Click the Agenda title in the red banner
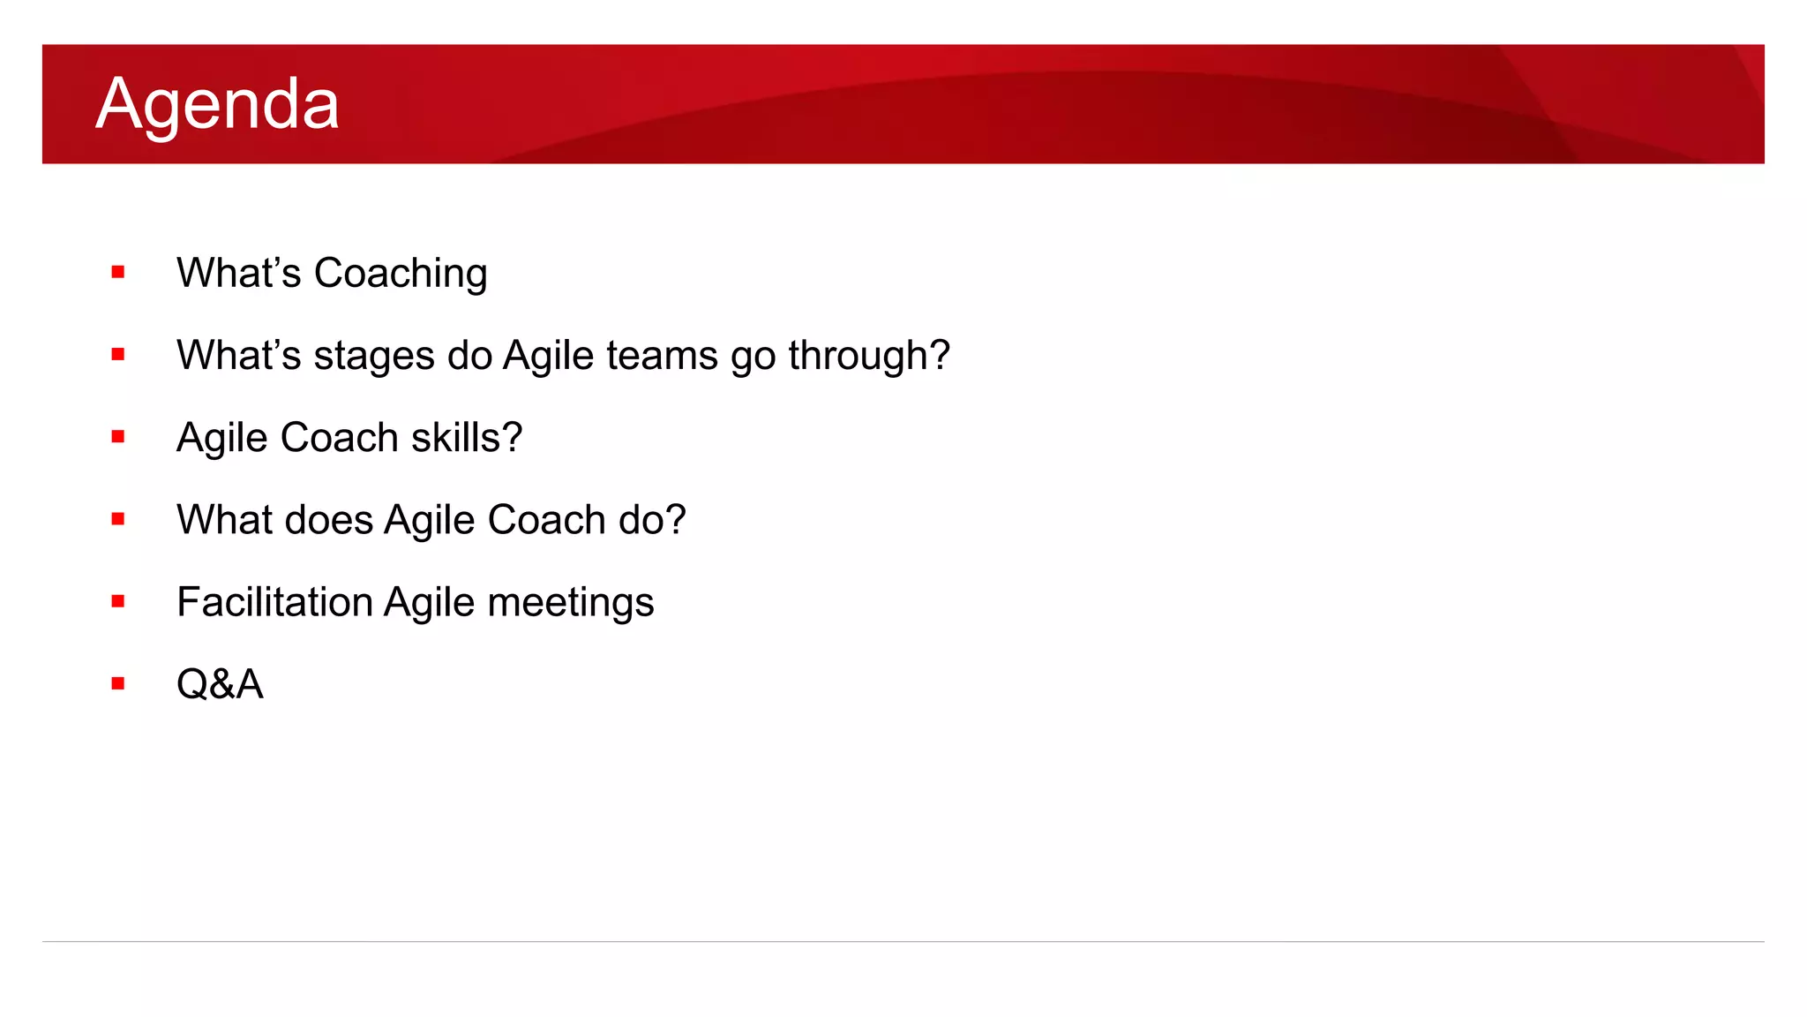tap(217, 104)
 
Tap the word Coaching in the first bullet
tap(401, 274)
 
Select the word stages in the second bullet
tap(374, 356)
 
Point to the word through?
tap(869, 356)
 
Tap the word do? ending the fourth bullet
tap(652, 520)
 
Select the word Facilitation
tap(274, 602)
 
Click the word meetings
tap(571, 603)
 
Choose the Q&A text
tap(220, 684)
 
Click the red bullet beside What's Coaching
tap(118, 273)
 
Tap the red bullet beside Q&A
tap(118, 683)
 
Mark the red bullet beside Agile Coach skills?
tap(118, 437)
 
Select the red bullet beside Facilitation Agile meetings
tap(118, 601)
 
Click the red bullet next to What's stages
tap(118, 355)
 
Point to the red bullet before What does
tap(118, 519)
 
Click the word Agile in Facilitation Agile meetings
tap(430, 603)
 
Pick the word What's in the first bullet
tap(239, 274)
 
